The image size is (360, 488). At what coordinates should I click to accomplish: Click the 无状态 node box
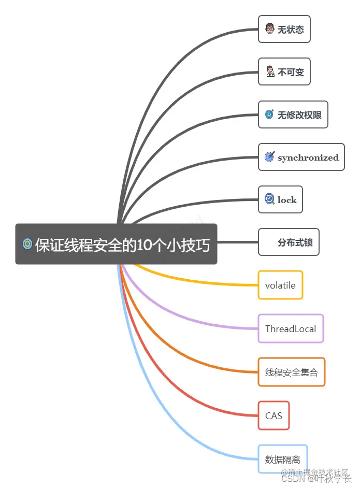coord(284,29)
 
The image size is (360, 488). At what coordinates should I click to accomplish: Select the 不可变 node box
coord(284,71)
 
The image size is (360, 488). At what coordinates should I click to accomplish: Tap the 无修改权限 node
coord(293,114)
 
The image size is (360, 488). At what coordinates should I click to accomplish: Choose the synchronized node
coord(301,157)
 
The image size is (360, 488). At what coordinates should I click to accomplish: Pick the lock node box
coord(280,199)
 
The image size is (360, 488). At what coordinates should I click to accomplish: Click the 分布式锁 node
coord(289,242)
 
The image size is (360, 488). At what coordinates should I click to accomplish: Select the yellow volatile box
coord(280,285)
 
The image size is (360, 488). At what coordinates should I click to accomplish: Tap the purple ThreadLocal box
coord(291,328)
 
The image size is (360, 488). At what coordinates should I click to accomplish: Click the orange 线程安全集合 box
coord(291,372)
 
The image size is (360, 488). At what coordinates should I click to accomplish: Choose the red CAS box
coord(273,415)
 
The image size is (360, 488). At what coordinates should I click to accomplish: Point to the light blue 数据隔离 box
coord(282,459)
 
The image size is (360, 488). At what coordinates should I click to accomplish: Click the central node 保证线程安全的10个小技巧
coord(116,244)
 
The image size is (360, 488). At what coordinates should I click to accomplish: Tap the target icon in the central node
coord(27,244)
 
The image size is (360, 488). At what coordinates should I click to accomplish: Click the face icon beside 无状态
coord(269,29)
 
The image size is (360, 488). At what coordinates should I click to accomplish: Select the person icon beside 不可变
coord(270,71)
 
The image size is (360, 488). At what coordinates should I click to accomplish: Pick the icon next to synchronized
coord(269,157)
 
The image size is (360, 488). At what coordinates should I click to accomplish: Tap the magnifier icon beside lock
coord(269,199)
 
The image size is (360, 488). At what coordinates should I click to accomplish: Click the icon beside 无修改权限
coord(269,114)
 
